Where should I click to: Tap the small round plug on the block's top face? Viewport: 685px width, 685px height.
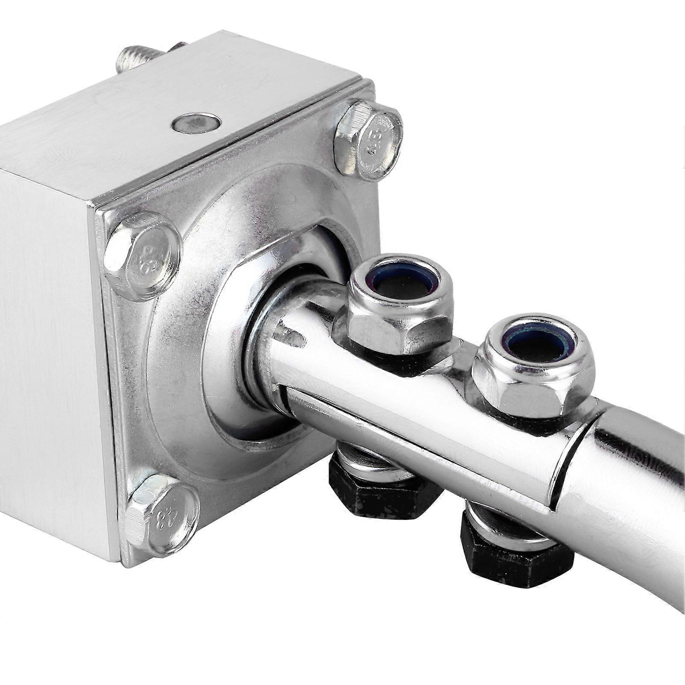(196, 123)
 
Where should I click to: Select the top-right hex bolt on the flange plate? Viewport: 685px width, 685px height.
(368, 140)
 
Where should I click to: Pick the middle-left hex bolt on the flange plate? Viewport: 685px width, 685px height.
(142, 256)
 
